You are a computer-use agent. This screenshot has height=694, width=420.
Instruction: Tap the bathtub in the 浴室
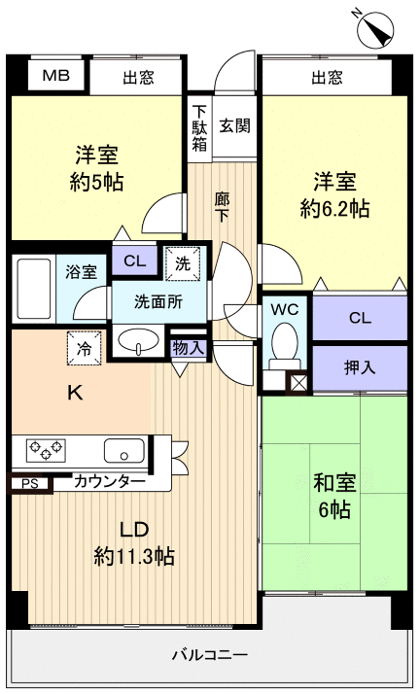tap(34, 289)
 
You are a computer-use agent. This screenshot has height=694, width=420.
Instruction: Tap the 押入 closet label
tap(359, 367)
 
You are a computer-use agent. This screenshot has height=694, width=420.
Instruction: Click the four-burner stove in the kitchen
tap(46, 449)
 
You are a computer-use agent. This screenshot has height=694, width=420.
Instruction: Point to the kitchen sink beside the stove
tap(123, 450)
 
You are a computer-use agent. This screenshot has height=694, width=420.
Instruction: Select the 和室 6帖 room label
tap(332, 495)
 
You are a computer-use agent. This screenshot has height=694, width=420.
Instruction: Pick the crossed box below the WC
tap(297, 381)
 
